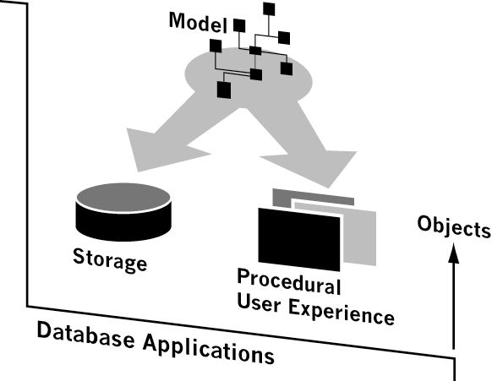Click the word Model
coord(198,22)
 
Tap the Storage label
coord(110,259)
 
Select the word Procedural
coord(288,281)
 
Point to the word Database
coord(86,335)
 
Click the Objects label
coord(454,226)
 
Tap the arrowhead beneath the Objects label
coord(453,253)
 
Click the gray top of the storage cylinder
coord(123,198)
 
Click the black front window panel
coord(298,239)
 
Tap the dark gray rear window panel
coord(312,198)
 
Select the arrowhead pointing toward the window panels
coord(317,166)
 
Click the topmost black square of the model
coord(269,9)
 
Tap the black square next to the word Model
coord(239,25)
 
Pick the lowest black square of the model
coord(224,90)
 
